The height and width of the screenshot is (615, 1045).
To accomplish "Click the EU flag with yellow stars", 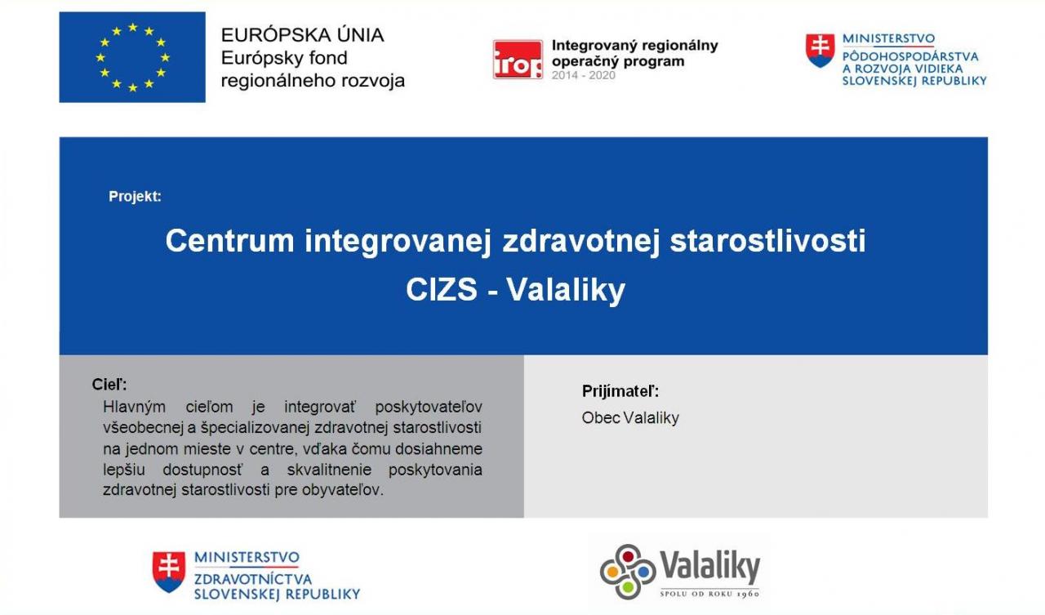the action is [x=132, y=57].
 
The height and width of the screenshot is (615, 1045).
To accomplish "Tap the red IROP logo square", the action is [x=518, y=60].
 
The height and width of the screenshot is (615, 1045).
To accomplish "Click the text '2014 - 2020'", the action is [x=583, y=76].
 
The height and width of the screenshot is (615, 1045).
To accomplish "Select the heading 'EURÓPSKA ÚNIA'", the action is [x=302, y=35].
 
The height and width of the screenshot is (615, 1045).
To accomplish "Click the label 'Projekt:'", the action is [x=135, y=197].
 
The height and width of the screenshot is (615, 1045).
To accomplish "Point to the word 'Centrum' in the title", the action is [x=229, y=241].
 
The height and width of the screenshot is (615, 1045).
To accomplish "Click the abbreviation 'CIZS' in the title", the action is [x=442, y=290].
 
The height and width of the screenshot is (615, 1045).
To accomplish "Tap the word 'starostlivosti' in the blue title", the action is [x=767, y=241].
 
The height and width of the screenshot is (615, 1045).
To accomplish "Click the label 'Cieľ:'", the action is [x=109, y=385].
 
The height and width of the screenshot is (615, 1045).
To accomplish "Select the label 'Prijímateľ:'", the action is [x=620, y=391].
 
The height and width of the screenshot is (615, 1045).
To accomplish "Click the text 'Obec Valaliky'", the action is [x=630, y=417].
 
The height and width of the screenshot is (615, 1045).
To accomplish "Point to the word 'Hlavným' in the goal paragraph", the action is [x=135, y=407].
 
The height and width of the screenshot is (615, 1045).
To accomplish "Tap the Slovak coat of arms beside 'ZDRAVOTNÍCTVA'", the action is [x=169, y=572].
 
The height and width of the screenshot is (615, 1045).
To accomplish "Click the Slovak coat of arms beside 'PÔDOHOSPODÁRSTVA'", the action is [x=820, y=51].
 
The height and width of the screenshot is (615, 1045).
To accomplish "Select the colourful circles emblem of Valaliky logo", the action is [x=628, y=572].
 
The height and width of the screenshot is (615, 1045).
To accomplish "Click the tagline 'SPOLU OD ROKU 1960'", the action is [x=709, y=594].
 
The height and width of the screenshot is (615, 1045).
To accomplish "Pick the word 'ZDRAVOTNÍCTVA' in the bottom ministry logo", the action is [x=253, y=579].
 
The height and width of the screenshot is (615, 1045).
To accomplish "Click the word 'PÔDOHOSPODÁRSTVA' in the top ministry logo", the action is [x=910, y=56].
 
